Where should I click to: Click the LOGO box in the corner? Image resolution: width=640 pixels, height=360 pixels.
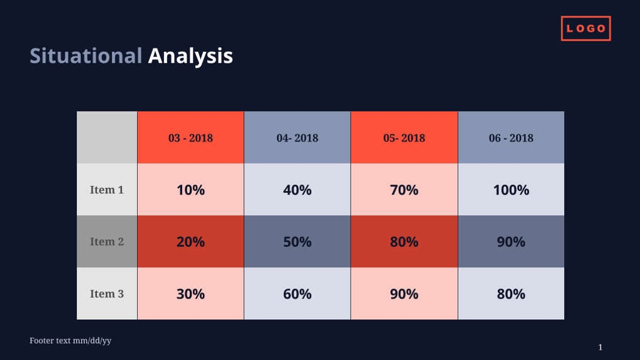point(586,29)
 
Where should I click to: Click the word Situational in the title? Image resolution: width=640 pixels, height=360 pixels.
point(86,56)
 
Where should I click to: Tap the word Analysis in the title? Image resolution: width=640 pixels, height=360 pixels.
point(190,56)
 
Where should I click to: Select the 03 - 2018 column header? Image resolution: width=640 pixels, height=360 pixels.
point(190,138)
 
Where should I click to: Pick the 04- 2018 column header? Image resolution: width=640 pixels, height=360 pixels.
point(297,138)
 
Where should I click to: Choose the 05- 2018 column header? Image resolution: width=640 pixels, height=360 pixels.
point(404,138)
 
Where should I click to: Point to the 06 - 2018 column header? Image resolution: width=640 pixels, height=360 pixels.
point(511,138)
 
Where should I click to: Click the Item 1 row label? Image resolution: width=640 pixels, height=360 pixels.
point(107,190)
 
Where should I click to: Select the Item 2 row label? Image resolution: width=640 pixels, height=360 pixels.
point(107,242)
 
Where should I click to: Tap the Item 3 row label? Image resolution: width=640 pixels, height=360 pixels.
point(107,294)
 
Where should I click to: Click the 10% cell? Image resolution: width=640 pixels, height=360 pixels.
point(190,190)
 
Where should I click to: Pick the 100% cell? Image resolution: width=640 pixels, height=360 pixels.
point(511,190)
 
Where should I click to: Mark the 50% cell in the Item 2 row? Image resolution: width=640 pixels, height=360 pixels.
point(297,242)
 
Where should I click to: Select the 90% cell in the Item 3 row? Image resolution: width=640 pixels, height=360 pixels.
point(404,294)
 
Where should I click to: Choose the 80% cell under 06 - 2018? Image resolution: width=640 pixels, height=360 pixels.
point(511,294)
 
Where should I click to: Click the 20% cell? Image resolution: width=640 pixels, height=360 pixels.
point(190,242)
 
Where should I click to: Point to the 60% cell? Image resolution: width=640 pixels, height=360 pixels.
point(297,294)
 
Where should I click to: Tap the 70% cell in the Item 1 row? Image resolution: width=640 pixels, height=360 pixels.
point(404,190)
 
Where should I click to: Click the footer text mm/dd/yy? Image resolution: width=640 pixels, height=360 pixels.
point(70,341)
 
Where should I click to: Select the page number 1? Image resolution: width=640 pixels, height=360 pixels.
point(600,347)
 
